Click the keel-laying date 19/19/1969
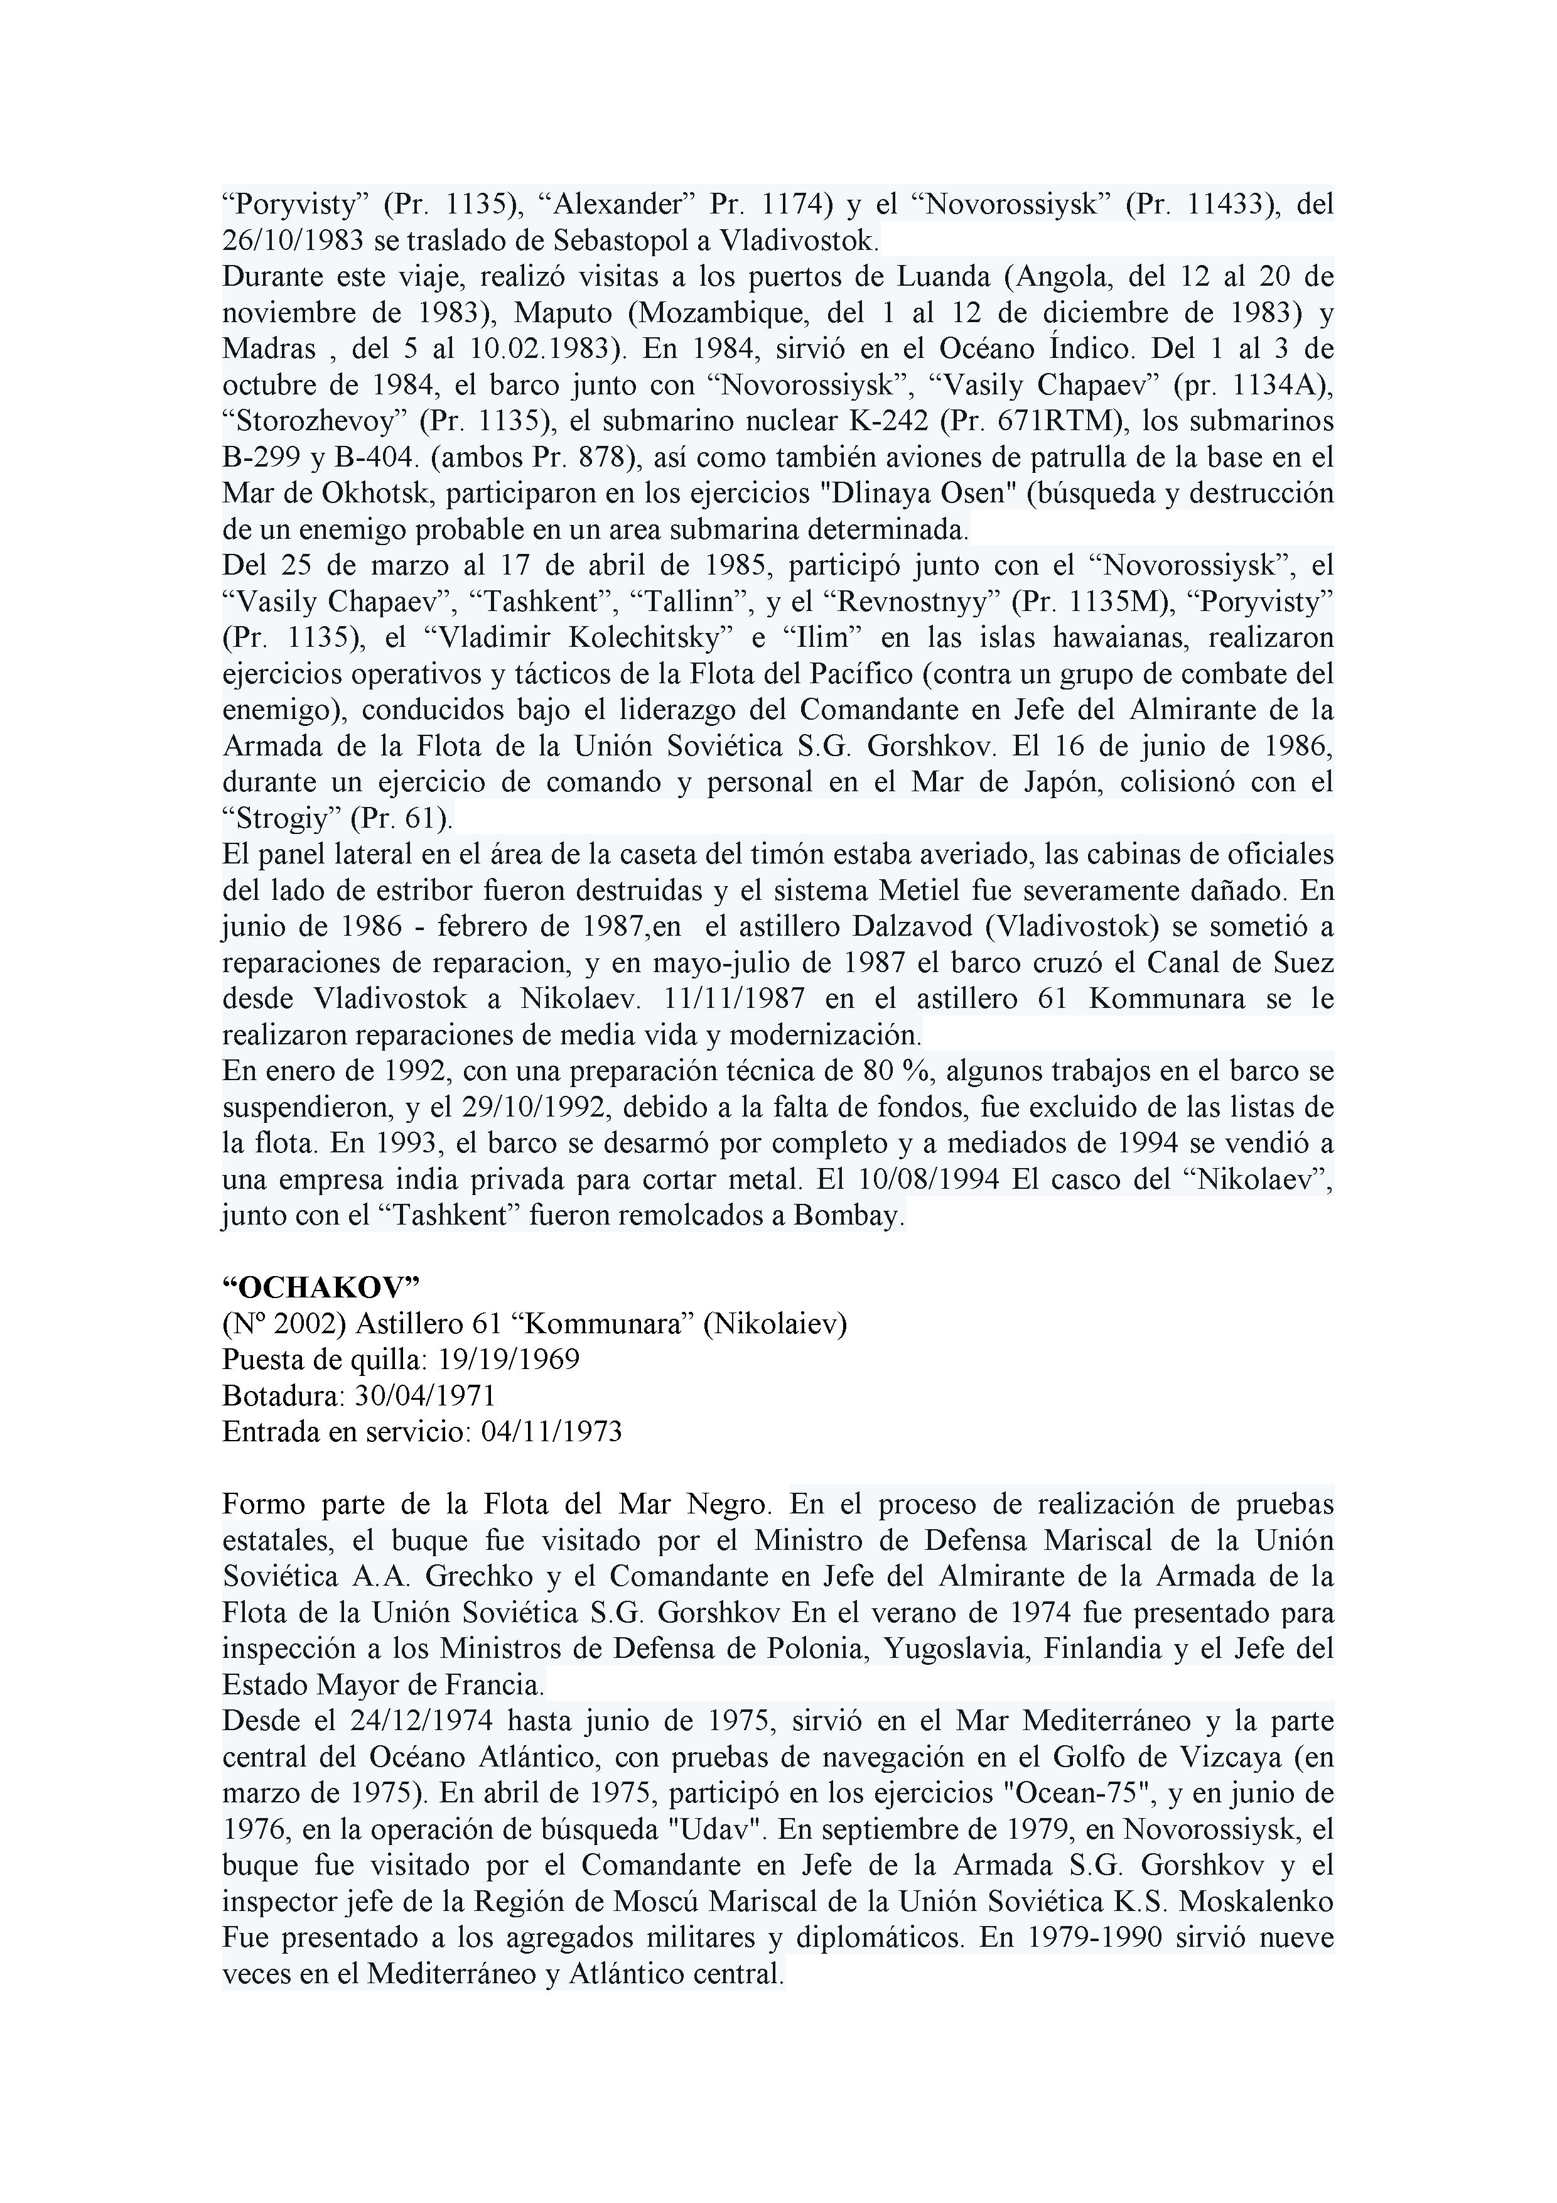[x=509, y=1360]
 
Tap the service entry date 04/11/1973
[x=552, y=1432]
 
